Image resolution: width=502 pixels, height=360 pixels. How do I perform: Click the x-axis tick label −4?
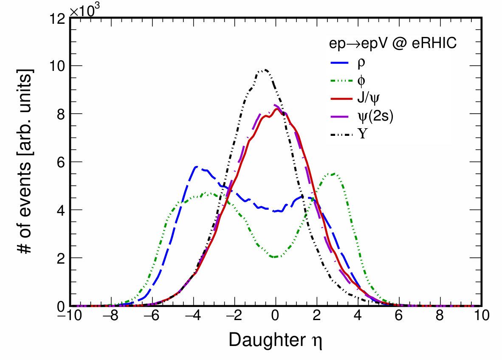[193, 315]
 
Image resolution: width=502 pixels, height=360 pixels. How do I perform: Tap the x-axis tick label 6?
[399, 315]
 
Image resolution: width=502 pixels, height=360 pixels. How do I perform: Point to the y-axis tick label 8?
[61, 114]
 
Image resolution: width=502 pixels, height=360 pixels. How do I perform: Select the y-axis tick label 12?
[57, 19]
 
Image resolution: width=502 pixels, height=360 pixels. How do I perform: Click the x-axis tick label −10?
[70, 315]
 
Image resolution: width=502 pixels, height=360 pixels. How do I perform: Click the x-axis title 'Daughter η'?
[275, 340]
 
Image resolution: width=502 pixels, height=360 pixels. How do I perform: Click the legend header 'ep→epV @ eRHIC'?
[393, 43]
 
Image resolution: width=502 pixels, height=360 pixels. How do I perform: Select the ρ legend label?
[361, 63]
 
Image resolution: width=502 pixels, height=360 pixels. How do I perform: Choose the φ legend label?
[361, 81]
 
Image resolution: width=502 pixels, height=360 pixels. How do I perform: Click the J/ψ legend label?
[368, 98]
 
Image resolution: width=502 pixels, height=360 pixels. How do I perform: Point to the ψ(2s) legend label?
[375, 116]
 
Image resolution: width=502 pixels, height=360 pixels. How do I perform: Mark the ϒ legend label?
[362, 134]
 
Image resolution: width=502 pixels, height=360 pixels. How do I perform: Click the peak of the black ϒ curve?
[265, 70]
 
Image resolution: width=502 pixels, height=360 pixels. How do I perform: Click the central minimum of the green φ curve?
[275, 257]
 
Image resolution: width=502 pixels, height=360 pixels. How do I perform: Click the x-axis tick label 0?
[275, 315]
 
